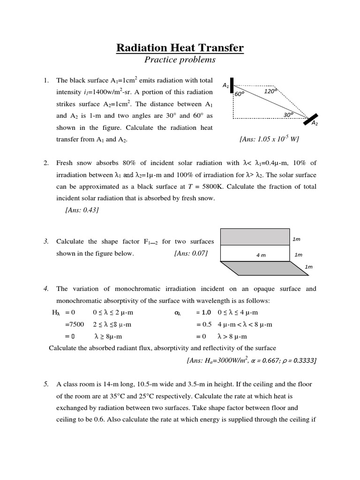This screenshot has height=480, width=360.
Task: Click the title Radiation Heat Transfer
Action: click(x=180, y=48)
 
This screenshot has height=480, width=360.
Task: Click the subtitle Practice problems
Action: click(x=180, y=60)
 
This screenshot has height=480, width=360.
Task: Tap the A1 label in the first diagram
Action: click(x=225, y=85)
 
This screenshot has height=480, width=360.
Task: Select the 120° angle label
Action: click(x=270, y=91)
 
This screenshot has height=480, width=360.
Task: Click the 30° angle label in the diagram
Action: click(x=289, y=114)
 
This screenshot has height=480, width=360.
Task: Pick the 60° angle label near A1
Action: click(x=240, y=94)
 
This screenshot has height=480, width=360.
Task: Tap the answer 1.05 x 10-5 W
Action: click(x=269, y=139)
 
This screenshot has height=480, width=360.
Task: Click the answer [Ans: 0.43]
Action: click(x=82, y=210)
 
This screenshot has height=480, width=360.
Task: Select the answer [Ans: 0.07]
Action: click(x=190, y=253)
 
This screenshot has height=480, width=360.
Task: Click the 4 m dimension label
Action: click(x=261, y=255)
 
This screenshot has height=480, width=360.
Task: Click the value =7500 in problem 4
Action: click(x=74, y=324)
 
